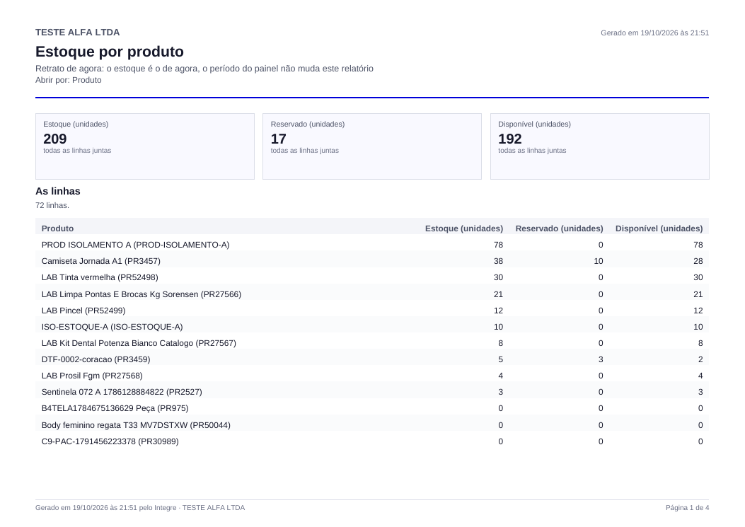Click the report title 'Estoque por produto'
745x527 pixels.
109,52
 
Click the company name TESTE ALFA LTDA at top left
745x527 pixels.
77,33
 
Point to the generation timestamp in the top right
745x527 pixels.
654,33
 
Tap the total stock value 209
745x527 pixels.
55,139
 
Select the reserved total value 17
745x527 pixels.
279,139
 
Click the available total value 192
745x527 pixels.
510,139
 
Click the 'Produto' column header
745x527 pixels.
57,228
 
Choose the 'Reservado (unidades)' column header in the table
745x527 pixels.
559,228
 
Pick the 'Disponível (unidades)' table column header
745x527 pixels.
659,228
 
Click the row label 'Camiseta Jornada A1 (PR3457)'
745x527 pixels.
100,261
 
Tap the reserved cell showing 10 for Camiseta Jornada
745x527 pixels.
598,261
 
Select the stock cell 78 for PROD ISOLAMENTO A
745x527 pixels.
498,245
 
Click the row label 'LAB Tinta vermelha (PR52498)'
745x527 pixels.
100,277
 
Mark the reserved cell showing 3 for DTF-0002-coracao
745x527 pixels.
601,359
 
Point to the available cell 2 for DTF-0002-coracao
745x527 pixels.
700,359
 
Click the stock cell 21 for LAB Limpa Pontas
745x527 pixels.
498,294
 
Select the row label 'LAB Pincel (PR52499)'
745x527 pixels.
83,311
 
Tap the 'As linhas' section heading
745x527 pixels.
58,191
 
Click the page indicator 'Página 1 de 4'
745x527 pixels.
687,507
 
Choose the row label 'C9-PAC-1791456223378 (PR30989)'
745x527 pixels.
110,441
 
